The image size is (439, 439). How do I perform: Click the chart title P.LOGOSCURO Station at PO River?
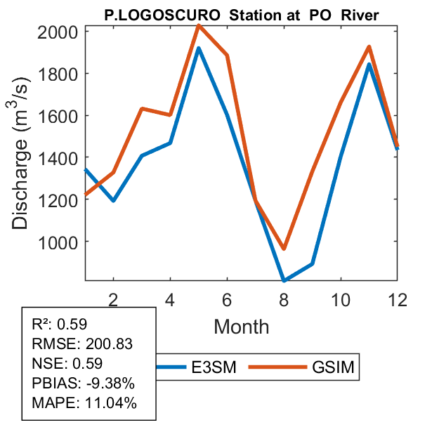[x=242, y=14]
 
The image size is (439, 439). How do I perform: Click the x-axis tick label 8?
[x=284, y=299]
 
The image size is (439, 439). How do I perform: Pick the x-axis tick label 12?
[x=397, y=299]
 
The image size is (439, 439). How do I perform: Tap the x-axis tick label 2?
[x=114, y=299]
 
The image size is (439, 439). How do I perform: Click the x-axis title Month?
[x=241, y=326]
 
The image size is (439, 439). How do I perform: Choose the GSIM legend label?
[x=334, y=367]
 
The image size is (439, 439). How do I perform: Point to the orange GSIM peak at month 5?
[x=199, y=25]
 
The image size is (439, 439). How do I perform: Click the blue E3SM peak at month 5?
[x=199, y=48]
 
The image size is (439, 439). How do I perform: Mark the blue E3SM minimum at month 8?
[x=284, y=280]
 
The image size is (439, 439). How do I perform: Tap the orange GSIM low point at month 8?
[x=284, y=249]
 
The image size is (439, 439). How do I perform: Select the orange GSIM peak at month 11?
[x=369, y=47]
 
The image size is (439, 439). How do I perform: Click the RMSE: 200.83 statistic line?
[x=83, y=344]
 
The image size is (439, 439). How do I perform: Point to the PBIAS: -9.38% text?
[x=83, y=384]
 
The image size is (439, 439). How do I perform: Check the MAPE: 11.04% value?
[x=84, y=403]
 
